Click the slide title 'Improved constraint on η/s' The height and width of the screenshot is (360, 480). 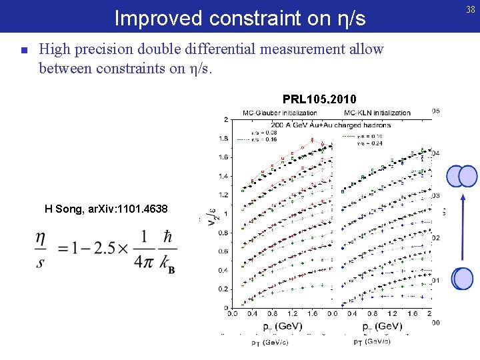coord(240,18)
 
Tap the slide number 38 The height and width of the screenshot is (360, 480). coord(470,9)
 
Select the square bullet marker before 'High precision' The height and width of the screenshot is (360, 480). coord(24,50)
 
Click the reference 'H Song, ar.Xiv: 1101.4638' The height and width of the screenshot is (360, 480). coord(106,209)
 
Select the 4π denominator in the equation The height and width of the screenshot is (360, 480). coord(143,262)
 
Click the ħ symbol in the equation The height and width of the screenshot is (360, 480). coord(167,237)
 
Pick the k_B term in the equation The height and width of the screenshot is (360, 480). coord(167,262)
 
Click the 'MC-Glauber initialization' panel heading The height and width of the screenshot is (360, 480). coord(279,113)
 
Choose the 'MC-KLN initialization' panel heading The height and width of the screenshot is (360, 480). coord(374,113)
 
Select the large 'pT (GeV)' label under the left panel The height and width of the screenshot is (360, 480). coord(282,327)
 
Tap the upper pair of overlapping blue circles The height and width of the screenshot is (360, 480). coord(462,175)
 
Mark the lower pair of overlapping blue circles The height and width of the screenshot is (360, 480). coord(462,278)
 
